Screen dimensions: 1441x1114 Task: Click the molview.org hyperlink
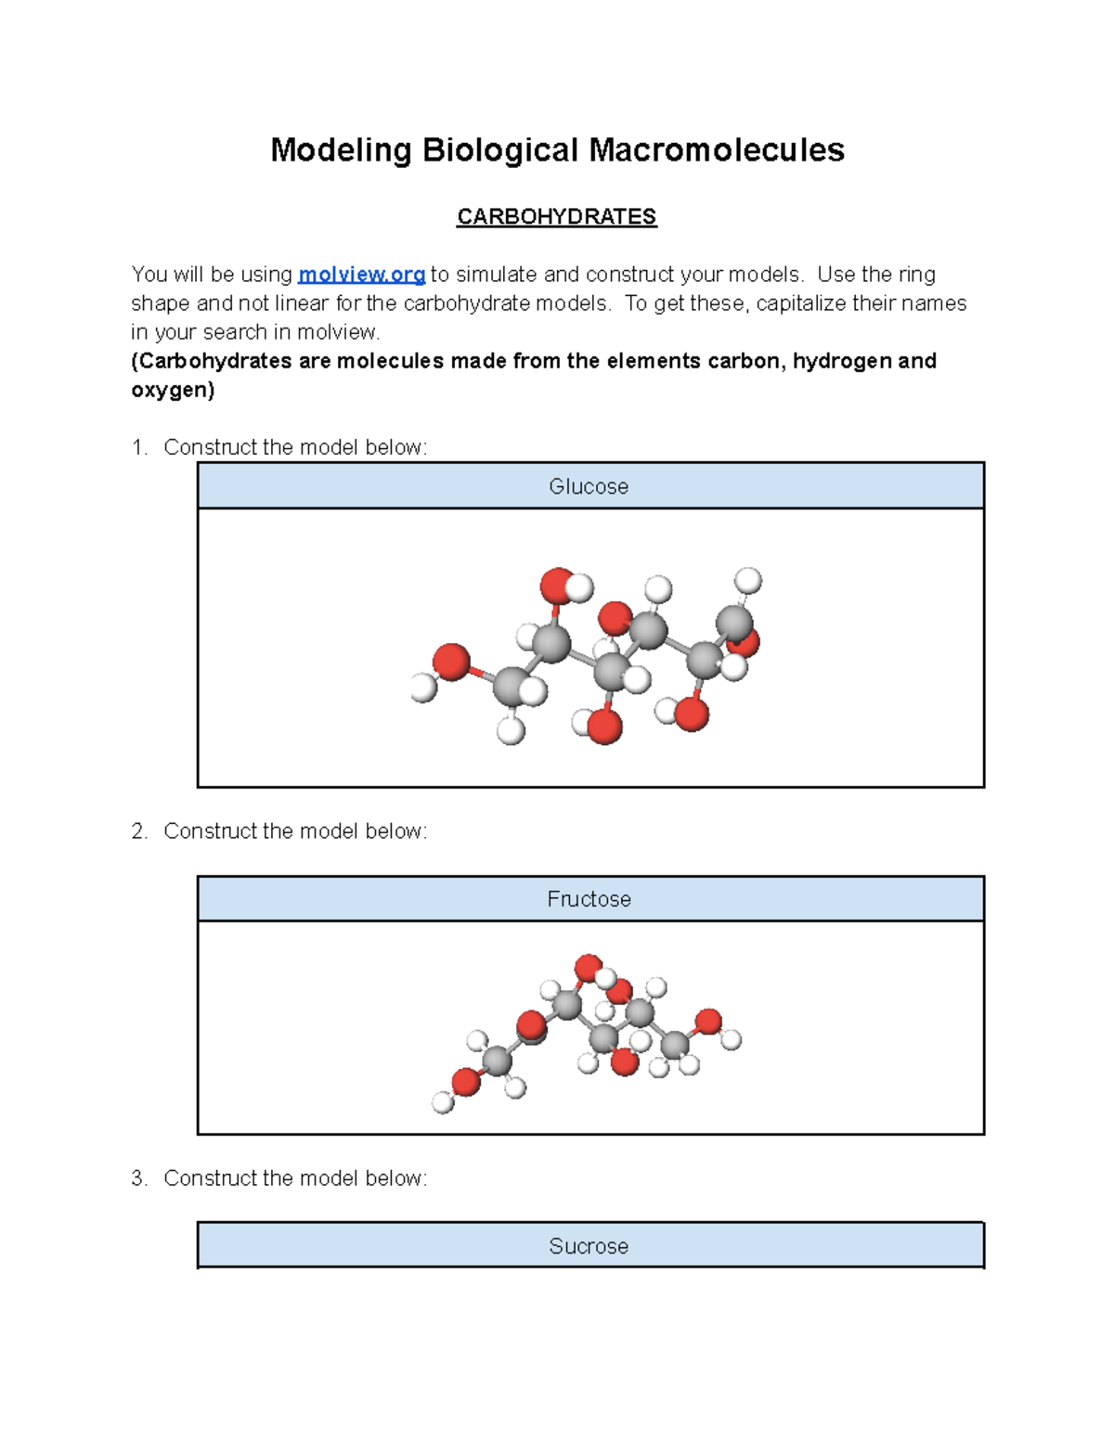[x=361, y=275]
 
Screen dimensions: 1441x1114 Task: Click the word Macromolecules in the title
[x=717, y=150]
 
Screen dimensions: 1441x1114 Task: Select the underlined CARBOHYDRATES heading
[x=556, y=217]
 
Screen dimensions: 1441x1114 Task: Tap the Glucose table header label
[x=589, y=486]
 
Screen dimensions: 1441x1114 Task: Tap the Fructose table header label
[x=589, y=899]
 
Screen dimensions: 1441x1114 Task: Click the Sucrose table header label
[x=589, y=1246]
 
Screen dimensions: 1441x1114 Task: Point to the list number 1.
[x=139, y=448]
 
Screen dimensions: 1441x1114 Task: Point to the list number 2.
[x=139, y=831]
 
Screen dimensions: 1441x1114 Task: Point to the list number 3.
[x=139, y=1178]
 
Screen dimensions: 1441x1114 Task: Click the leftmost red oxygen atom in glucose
[x=451, y=662]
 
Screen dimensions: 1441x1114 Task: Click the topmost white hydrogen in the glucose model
[x=747, y=581]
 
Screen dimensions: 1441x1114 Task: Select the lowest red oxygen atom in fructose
[x=625, y=1061]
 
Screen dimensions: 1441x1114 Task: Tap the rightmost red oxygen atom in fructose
[x=708, y=1022]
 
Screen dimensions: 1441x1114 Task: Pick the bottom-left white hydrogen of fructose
[x=443, y=1102]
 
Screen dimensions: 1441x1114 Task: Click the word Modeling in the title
[x=340, y=150]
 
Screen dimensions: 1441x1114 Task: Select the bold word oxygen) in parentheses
[x=173, y=390]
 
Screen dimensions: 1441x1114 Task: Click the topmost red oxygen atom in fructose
[x=589, y=968]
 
